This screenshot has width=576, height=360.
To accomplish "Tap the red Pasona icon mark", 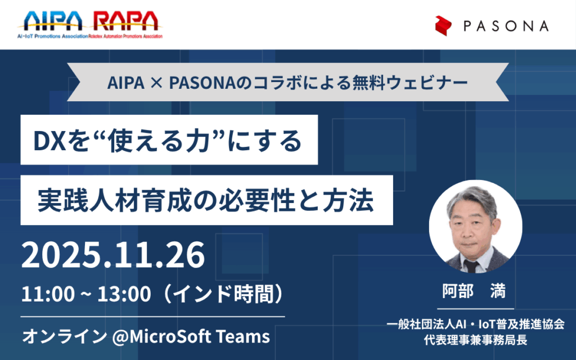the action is (443, 26).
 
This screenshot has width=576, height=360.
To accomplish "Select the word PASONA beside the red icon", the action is (506, 26).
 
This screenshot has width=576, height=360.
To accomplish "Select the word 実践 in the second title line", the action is (62, 201).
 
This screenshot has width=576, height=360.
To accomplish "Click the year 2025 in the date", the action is (61, 255).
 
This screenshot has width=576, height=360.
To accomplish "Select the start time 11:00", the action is (48, 294).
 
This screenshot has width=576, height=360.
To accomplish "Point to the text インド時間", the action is (223, 294).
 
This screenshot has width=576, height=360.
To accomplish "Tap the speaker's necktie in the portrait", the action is (471, 266).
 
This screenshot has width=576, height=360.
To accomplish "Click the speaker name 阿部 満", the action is (474, 291).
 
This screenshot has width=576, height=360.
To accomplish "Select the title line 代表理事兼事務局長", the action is (476, 340).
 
